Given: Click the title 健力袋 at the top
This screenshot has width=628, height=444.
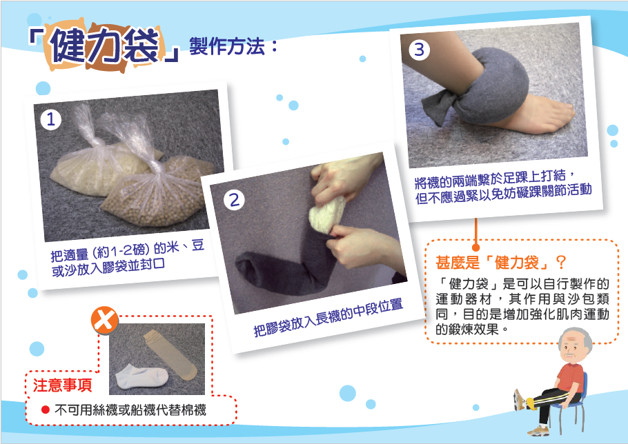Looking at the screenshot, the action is (x=106, y=47).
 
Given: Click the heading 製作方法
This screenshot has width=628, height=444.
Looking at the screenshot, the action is (x=227, y=46).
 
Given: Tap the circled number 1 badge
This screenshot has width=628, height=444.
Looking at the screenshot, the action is (x=51, y=119).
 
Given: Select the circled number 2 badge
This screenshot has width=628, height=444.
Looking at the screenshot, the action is (x=235, y=200).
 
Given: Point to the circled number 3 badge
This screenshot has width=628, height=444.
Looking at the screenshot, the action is (x=419, y=50).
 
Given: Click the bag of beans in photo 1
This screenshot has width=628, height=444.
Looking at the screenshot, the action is (x=158, y=192).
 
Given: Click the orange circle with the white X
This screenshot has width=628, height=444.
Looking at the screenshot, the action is (x=104, y=321).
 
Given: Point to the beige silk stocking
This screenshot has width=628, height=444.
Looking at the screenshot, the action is (x=170, y=354).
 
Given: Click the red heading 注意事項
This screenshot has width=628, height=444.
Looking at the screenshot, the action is (x=63, y=385).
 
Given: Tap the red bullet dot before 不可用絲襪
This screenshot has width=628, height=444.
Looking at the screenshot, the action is (x=46, y=410).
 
